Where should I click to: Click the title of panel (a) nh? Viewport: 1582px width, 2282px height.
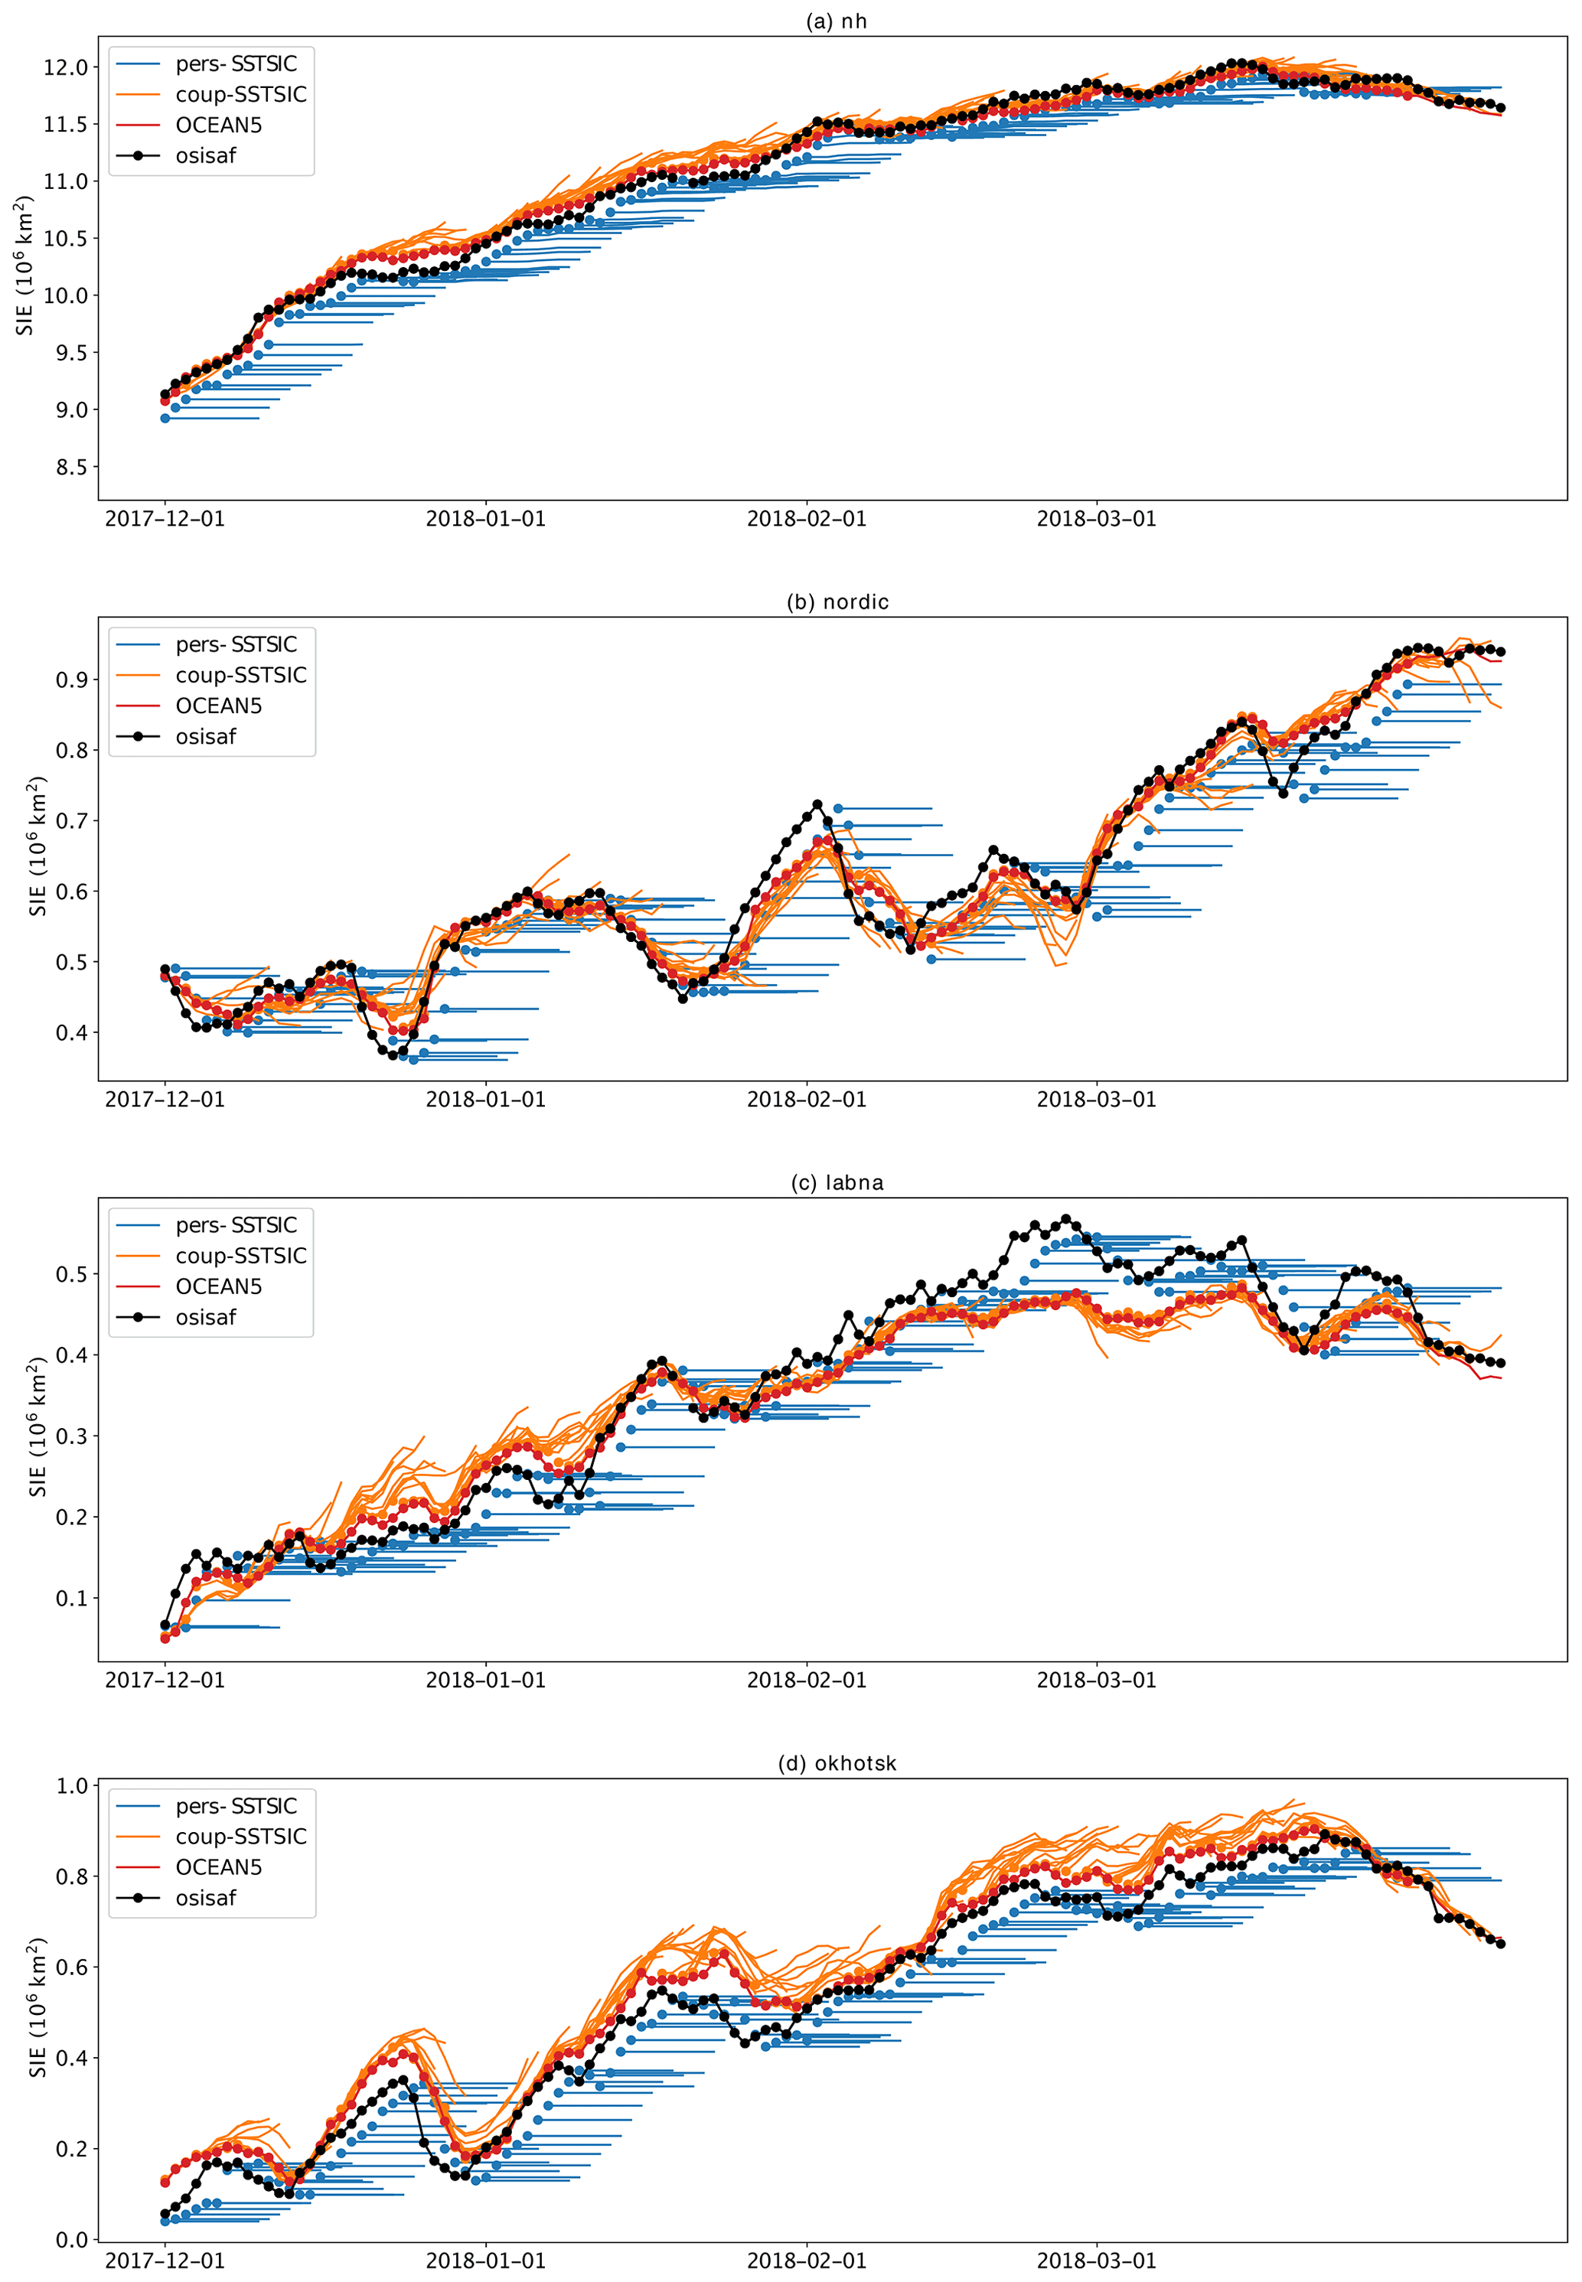pyautogui.click(x=837, y=21)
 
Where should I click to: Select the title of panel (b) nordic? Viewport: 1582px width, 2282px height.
pyautogui.click(x=837, y=602)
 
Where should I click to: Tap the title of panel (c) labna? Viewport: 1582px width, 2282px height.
pyautogui.click(x=837, y=1183)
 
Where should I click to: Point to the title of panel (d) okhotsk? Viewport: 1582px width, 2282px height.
pyautogui.click(x=837, y=1764)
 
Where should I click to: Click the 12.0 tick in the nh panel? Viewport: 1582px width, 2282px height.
pyautogui.click(x=65, y=67)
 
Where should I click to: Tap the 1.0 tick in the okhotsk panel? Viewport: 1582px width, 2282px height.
pyautogui.click(x=71, y=1785)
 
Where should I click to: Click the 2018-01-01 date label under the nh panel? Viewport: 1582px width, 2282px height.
pyautogui.click(x=486, y=519)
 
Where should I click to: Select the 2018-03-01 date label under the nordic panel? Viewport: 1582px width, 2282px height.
pyautogui.click(x=1096, y=1100)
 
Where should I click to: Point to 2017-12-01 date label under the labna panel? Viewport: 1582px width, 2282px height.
pyautogui.click(x=165, y=1681)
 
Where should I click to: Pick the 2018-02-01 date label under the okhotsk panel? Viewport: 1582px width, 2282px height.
pyautogui.click(x=806, y=2261)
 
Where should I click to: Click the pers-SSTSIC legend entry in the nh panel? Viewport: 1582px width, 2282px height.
pyautogui.click(x=236, y=64)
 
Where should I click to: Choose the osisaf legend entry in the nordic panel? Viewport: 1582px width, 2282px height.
pyautogui.click(x=206, y=737)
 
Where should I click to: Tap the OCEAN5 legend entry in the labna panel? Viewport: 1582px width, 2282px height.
pyautogui.click(x=219, y=1287)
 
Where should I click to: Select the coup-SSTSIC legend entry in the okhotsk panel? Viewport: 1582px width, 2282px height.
pyautogui.click(x=241, y=1837)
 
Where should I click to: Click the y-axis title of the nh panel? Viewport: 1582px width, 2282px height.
pyautogui.click(x=24, y=266)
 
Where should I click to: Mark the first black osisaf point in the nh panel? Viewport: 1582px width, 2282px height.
pyautogui.click(x=165, y=394)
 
